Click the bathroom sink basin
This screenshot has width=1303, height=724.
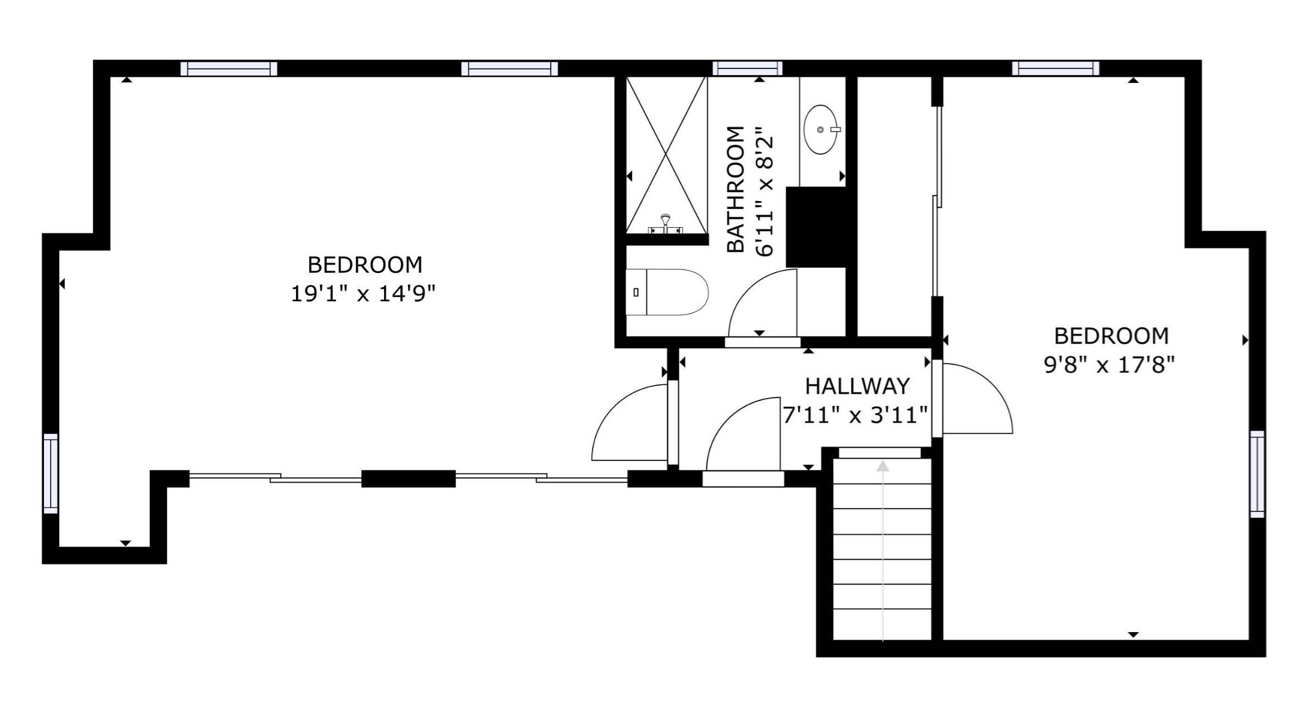click(x=820, y=129)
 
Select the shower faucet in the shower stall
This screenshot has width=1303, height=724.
click(x=665, y=223)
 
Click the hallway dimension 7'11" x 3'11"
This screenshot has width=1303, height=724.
click(x=855, y=415)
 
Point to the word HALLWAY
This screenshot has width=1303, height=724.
click(x=857, y=386)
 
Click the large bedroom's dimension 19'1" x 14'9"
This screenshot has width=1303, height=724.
click(x=362, y=293)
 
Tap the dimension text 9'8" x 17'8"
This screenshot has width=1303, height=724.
click(x=1109, y=365)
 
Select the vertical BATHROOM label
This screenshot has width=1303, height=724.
click(x=736, y=189)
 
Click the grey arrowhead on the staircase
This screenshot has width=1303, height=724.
click(x=882, y=466)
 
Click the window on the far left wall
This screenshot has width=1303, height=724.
click(x=51, y=473)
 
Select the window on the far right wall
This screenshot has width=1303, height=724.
click(x=1257, y=474)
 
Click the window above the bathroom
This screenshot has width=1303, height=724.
click(x=747, y=69)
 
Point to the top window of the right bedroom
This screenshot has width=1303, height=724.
click(x=1055, y=69)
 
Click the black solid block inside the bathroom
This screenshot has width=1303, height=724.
click(x=816, y=227)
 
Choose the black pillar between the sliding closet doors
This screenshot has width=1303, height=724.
click(x=409, y=479)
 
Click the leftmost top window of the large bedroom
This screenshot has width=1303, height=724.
click(x=228, y=69)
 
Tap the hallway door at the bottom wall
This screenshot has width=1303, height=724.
click(x=743, y=479)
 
